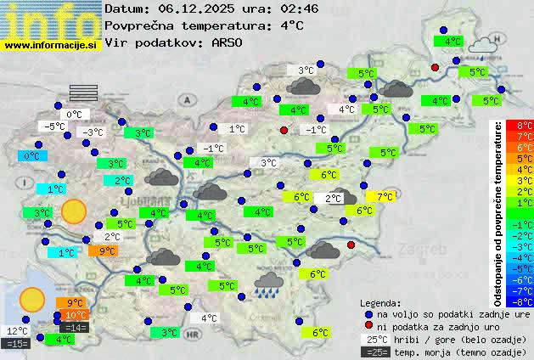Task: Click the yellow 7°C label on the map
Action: [385, 197]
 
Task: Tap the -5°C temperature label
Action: [55, 127]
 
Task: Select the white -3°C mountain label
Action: [92, 132]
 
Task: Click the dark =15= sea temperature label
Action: [17, 343]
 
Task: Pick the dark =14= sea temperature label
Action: [74, 328]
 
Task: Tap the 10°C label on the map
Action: [76, 316]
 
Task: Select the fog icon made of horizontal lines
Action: [83, 93]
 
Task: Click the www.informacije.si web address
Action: [50, 44]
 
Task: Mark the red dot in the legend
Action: [368, 326]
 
